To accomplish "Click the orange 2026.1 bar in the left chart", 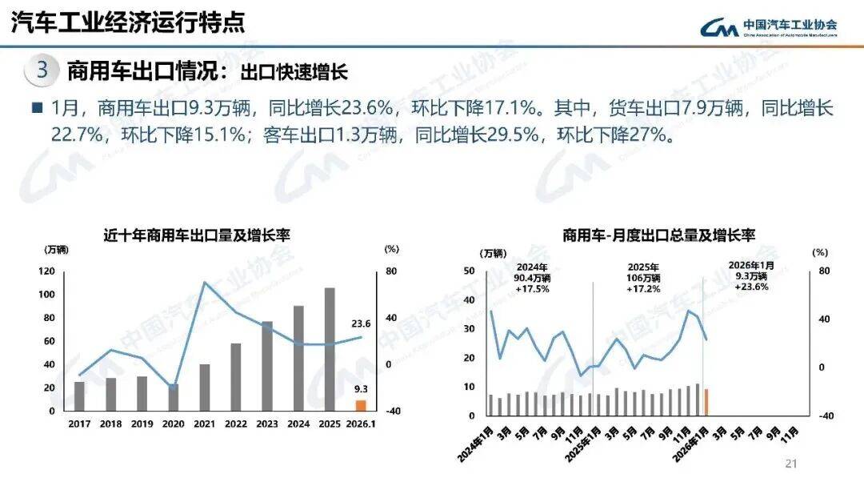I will coord(361,405).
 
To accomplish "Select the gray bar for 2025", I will coord(330,349).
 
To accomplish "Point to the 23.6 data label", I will coord(361,323).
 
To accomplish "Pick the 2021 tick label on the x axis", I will coord(204,424).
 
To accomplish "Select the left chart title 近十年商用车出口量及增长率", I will coord(196,235).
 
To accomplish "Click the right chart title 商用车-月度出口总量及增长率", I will coord(658,235).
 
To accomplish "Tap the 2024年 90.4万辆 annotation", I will coord(532,278).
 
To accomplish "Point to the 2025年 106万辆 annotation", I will coord(643,278).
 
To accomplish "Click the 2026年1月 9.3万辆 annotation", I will coord(751,275).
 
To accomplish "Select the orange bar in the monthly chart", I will coord(706,402).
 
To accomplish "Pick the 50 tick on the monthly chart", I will coord(470,271).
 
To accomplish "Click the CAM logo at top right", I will coord(719,26).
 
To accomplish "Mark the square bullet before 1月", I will coord(36,108).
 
